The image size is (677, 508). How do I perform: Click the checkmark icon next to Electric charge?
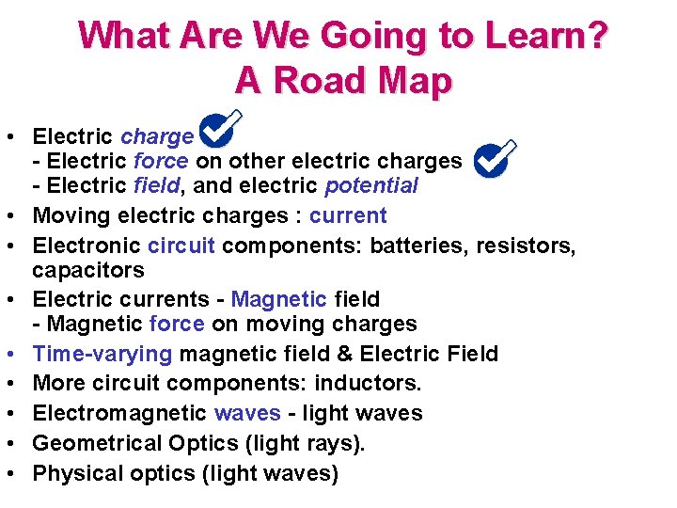tap(220, 131)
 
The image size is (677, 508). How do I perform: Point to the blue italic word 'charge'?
tap(157, 137)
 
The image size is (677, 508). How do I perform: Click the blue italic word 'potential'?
tap(370, 186)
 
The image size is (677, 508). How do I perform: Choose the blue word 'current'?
tap(348, 215)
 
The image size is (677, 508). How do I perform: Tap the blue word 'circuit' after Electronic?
tap(181, 246)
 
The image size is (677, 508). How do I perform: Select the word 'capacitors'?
tap(88, 271)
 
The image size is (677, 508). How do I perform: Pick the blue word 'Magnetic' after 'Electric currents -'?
tap(278, 300)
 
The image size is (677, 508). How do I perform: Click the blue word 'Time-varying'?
tap(102, 354)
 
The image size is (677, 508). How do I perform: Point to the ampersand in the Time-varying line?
tap(344, 354)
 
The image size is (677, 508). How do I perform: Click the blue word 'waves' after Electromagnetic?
tap(247, 413)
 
